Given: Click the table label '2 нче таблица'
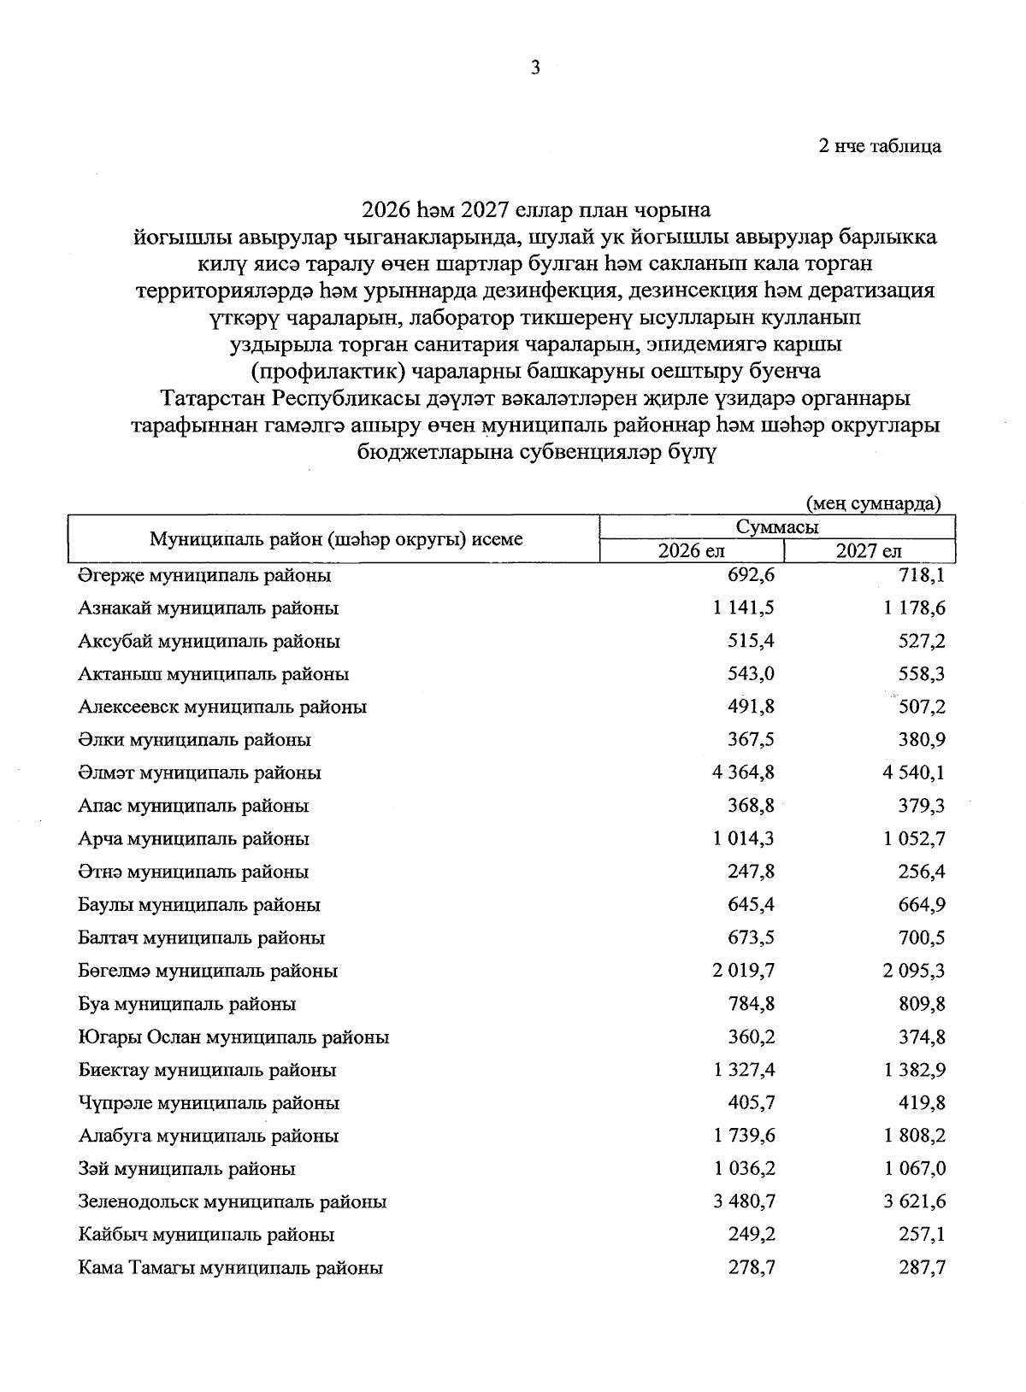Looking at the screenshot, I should click(x=880, y=146).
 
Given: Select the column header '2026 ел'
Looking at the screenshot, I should click(x=691, y=551).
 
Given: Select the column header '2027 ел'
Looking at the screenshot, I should click(x=869, y=551).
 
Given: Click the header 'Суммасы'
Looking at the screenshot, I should click(x=776, y=528).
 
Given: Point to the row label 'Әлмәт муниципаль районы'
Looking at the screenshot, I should click(x=199, y=773).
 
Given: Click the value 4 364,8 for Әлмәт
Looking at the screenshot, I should click(x=742, y=773).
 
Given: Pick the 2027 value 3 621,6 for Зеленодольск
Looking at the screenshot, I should click(x=915, y=1202).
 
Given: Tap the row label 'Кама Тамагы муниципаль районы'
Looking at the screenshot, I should click(x=230, y=1268).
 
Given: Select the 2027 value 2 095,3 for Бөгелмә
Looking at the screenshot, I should click(x=915, y=972).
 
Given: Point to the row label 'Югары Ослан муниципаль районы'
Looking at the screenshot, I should click(x=233, y=1038).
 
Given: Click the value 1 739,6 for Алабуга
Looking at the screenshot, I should click(x=742, y=1137).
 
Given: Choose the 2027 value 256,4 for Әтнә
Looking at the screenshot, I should click(x=922, y=872).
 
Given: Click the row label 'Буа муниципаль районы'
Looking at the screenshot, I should click(x=186, y=1005).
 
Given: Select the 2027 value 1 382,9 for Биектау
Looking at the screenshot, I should click(x=915, y=1071).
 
